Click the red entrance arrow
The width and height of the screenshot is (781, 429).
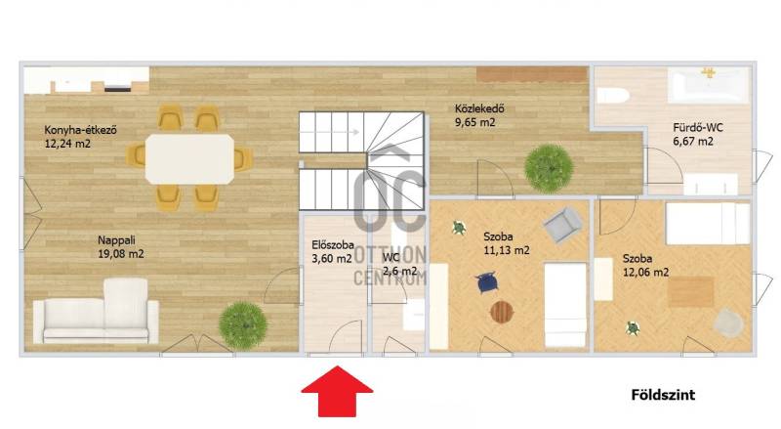coord(337,391)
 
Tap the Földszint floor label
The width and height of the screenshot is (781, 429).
coord(663,395)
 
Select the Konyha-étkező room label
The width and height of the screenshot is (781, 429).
coord(80,130)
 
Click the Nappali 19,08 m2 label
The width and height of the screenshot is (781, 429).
coord(120,247)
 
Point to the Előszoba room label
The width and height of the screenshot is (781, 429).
coord(333,245)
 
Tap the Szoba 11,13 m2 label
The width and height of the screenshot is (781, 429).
coord(507,243)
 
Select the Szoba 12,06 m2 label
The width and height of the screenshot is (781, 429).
coord(645,266)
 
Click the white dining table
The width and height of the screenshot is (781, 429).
coord(189,158)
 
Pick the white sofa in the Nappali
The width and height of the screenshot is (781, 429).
coord(96,312)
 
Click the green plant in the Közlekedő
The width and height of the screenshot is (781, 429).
coord(549,169)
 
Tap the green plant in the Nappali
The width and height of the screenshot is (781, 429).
coord(243,325)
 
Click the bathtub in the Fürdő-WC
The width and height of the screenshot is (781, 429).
coord(709,85)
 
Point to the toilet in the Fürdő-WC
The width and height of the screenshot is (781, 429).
coord(613,95)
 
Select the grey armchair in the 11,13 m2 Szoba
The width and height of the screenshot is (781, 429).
coord(563,225)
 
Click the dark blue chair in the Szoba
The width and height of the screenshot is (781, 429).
coord(486,282)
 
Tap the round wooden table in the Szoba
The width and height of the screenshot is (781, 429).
coord(502,313)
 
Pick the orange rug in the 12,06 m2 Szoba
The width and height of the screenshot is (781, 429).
coord(691,292)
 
